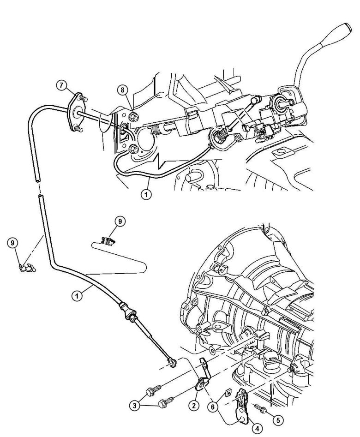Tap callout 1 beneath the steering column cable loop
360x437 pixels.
click(146, 195)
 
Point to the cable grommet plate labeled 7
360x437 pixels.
click(73, 111)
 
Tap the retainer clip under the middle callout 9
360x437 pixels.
click(108, 240)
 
